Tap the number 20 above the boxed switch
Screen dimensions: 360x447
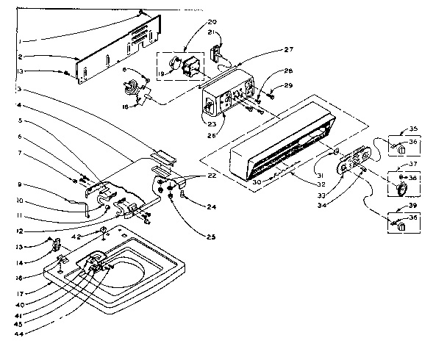[191, 22]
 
